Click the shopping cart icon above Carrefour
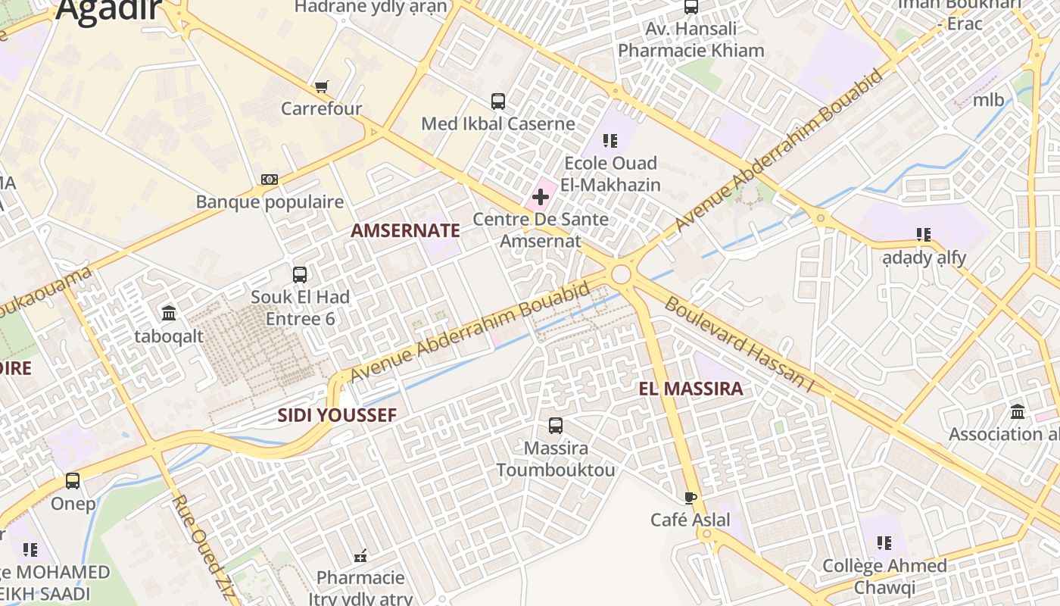coord(322,86)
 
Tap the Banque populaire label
coord(270,202)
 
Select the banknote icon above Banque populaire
coord(270,180)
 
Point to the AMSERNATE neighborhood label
coord(405,231)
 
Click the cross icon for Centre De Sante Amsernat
coord(540,198)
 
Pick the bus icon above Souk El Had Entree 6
coord(300,274)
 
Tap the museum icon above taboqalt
coord(169,313)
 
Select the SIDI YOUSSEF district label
coord(337,415)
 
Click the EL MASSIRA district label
coord(691,389)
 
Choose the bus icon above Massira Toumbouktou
coord(556,426)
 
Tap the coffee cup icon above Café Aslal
coord(691,498)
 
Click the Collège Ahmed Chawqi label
coord(884,576)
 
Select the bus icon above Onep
coord(73,481)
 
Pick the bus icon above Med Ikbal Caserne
coord(498,102)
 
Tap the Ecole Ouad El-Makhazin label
coord(612,173)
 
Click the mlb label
coord(988,100)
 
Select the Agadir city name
coord(109,9)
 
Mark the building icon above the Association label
coord(1018,412)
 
